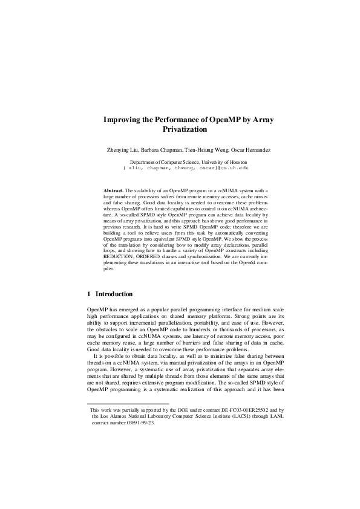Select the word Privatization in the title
pos(185,129)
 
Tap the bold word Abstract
pos(113,190)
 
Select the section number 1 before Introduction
pos(90,294)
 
